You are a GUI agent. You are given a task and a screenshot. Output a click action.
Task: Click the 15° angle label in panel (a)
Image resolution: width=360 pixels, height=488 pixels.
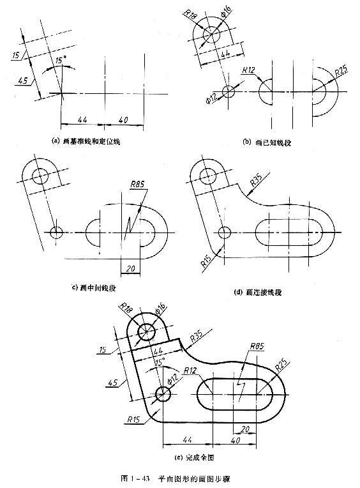point(60,60)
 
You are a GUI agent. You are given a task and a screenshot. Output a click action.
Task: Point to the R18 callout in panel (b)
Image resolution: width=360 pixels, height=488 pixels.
point(190,13)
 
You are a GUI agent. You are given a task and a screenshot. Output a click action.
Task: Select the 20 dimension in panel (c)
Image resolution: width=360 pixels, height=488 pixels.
point(130,268)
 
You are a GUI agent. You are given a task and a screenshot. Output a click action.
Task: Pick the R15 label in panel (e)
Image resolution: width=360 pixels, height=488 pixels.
point(133,419)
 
